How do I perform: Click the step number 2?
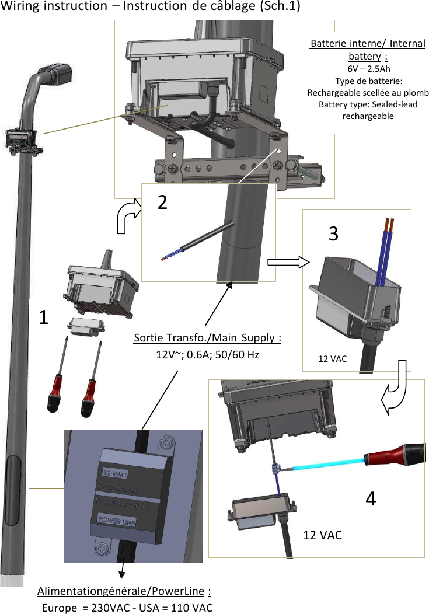point(163,202)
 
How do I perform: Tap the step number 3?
point(333,233)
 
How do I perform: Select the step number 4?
point(371,498)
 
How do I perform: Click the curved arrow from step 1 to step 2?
point(128,217)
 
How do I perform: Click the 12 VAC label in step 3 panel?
point(332,358)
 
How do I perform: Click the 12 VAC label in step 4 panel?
point(323,535)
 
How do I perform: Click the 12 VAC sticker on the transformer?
point(114,472)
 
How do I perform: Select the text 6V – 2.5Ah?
point(368,68)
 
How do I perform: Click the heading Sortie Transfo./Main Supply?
point(208,339)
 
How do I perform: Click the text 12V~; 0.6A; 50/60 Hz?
point(208,354)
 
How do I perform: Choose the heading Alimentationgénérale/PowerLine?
point(124,592)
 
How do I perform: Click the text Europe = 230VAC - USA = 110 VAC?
point(127,608)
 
